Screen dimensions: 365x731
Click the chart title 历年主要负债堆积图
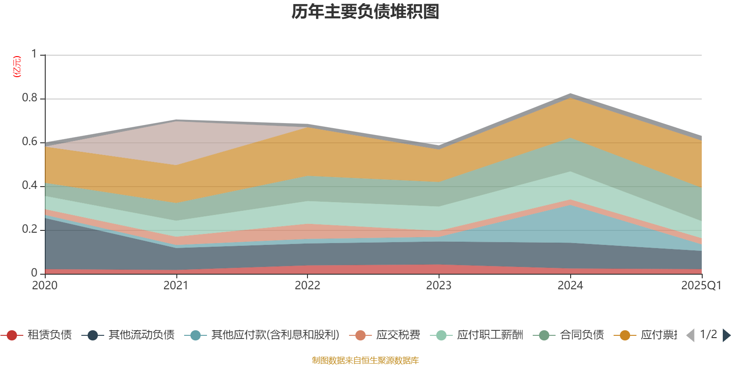365,12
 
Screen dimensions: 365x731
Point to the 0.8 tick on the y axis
30,98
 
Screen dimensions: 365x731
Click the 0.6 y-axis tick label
30,142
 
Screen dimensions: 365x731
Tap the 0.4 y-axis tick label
30,186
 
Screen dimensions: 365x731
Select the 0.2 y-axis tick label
30,229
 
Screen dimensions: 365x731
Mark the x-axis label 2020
45,286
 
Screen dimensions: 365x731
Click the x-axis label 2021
176,286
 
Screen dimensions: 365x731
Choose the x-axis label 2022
307,286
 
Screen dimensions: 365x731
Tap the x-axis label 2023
439,286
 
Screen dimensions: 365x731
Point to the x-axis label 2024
570,286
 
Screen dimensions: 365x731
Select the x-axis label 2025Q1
701,286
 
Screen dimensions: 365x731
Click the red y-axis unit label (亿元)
17,67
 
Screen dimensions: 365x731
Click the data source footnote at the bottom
365,360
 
